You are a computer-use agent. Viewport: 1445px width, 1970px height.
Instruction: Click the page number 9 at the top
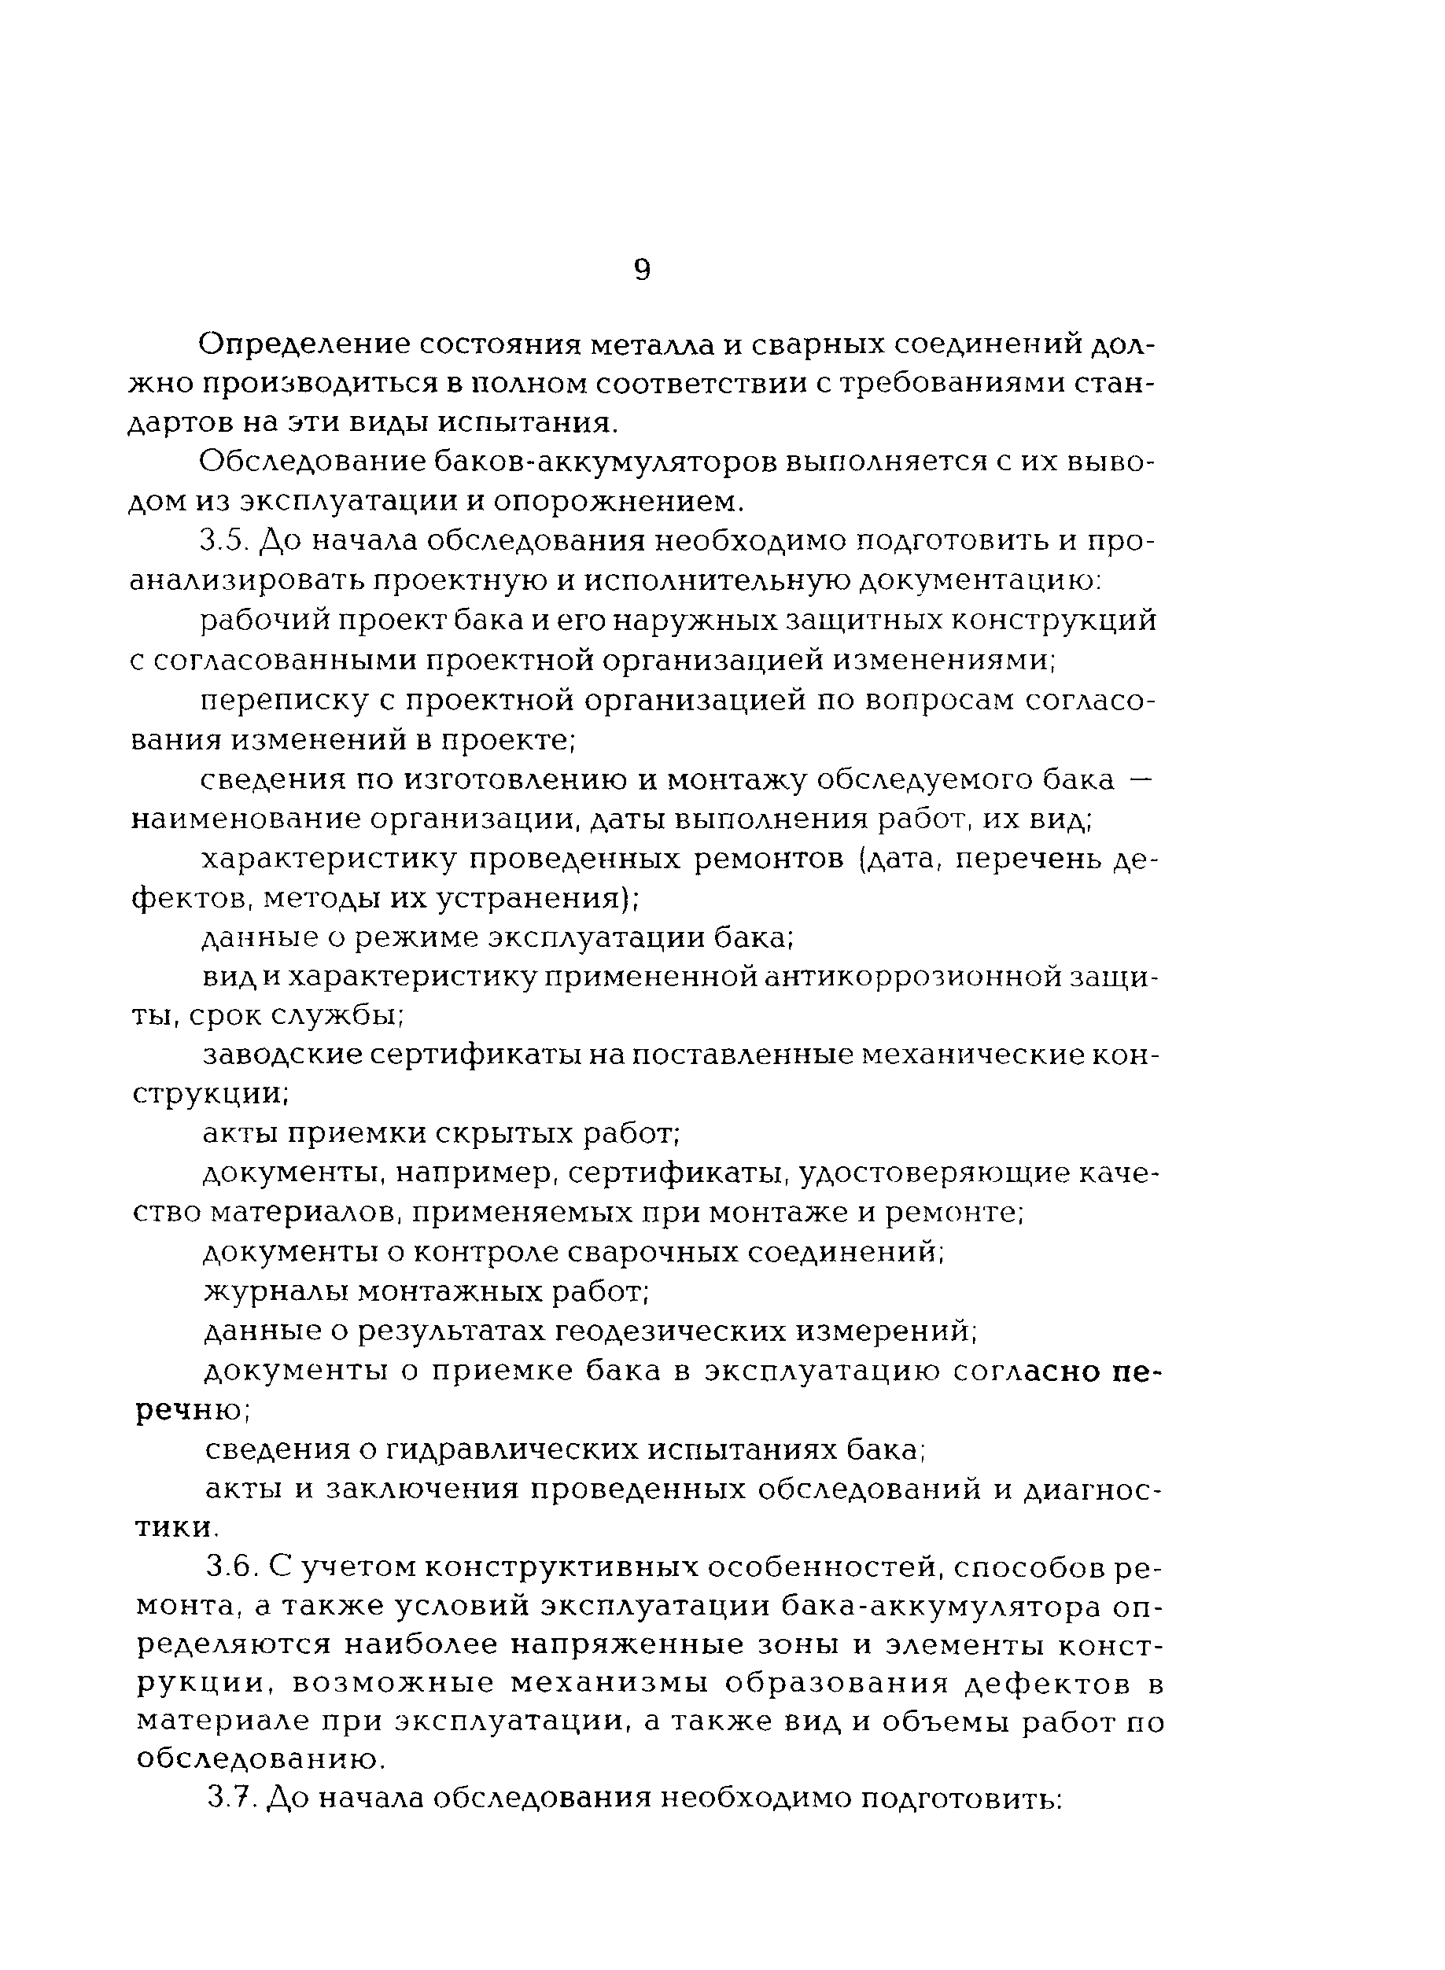click(641, 271)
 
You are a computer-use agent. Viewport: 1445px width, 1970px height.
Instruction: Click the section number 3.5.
click(225, 542)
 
